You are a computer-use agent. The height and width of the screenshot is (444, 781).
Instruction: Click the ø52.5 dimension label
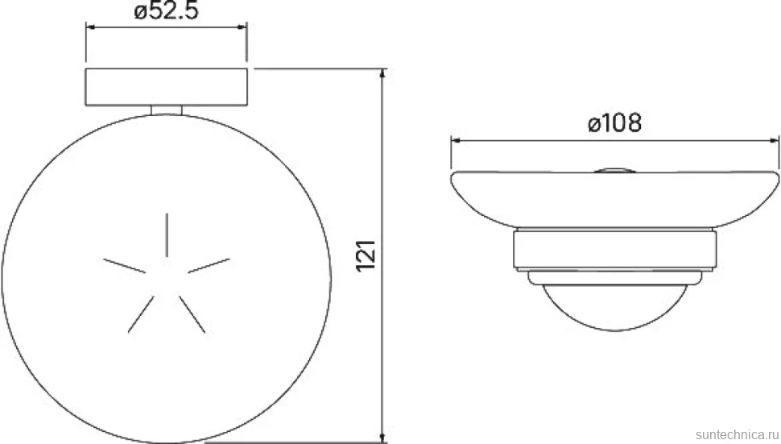(166, 10)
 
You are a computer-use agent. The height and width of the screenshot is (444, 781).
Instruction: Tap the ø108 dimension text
(614, 123)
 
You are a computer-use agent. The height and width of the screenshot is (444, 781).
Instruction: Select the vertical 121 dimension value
(366, 255)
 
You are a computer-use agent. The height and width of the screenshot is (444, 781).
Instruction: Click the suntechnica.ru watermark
(738, 434)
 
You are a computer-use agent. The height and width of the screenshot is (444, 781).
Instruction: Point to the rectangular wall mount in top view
(167, 87)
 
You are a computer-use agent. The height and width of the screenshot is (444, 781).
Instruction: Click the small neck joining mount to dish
(167, 110)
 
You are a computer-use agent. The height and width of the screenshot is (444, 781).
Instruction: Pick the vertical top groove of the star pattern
(167, 235)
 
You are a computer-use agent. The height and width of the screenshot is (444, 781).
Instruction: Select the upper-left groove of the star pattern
(125, 266)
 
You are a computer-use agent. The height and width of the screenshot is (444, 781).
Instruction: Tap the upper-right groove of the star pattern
(209, 266)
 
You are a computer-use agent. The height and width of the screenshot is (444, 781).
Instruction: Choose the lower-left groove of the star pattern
(141, 314)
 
